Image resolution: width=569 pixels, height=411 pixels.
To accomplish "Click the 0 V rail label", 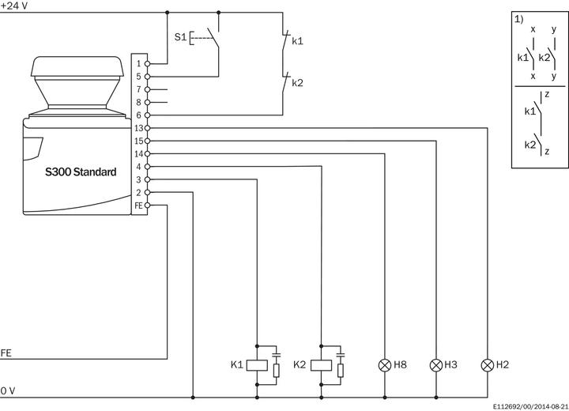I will tap(7, 390).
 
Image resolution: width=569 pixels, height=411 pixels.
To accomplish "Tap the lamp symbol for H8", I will tap(385, 365).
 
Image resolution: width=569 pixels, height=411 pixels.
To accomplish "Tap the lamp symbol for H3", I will tap(435, 365).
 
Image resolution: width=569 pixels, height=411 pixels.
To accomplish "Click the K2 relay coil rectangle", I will tap(321, 365).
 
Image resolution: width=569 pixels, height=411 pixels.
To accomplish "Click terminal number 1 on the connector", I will tap(138, 63).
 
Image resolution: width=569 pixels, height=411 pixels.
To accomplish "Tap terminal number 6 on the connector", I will tap(138, 115).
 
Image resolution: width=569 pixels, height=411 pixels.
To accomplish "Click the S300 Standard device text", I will tap(80, 172).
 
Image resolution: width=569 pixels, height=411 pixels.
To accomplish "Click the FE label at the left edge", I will tap(6, 352).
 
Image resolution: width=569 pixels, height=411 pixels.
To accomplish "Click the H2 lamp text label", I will tap(503, 365).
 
